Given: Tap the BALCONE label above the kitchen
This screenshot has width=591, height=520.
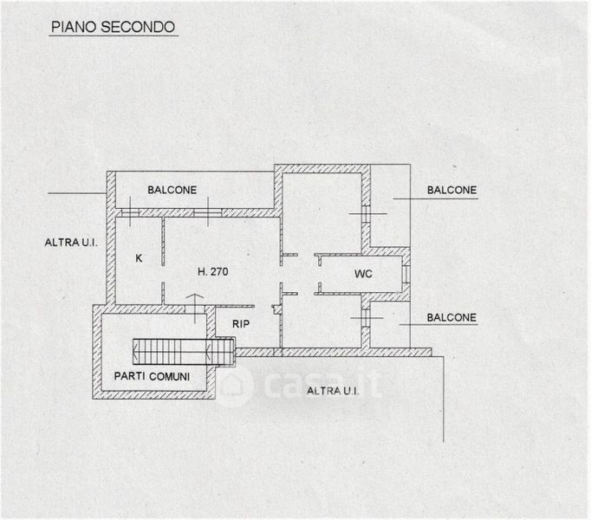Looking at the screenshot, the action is pyautogui.click(x=172, y=190).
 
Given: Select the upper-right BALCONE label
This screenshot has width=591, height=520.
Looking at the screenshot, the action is pyautogui.click(x=451, y=190).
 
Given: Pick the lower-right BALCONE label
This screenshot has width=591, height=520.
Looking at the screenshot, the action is pyautogui.click(x=451, y=318).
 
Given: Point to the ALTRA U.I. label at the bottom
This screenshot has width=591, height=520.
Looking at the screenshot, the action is pyautogui.click(x=333, y=391).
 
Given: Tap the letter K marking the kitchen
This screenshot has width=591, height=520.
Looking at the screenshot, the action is pyautogui.click(x=138, y=258).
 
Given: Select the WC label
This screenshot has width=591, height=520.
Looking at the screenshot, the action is pyautogui.click(x=364, y=274).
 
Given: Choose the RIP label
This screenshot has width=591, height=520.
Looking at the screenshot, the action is pyautogui.click(x=241, y=324).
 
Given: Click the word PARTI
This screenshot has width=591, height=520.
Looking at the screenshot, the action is pyautogui.click(x=133, y=376).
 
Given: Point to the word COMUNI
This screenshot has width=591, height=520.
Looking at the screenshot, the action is pyautogui.click(x=172, y=376).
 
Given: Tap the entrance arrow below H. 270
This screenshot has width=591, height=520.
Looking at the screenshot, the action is pyautogui.click(x=196, y=305).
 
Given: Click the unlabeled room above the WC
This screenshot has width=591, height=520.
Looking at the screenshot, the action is pyautogui.click(x=322, y=212).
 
